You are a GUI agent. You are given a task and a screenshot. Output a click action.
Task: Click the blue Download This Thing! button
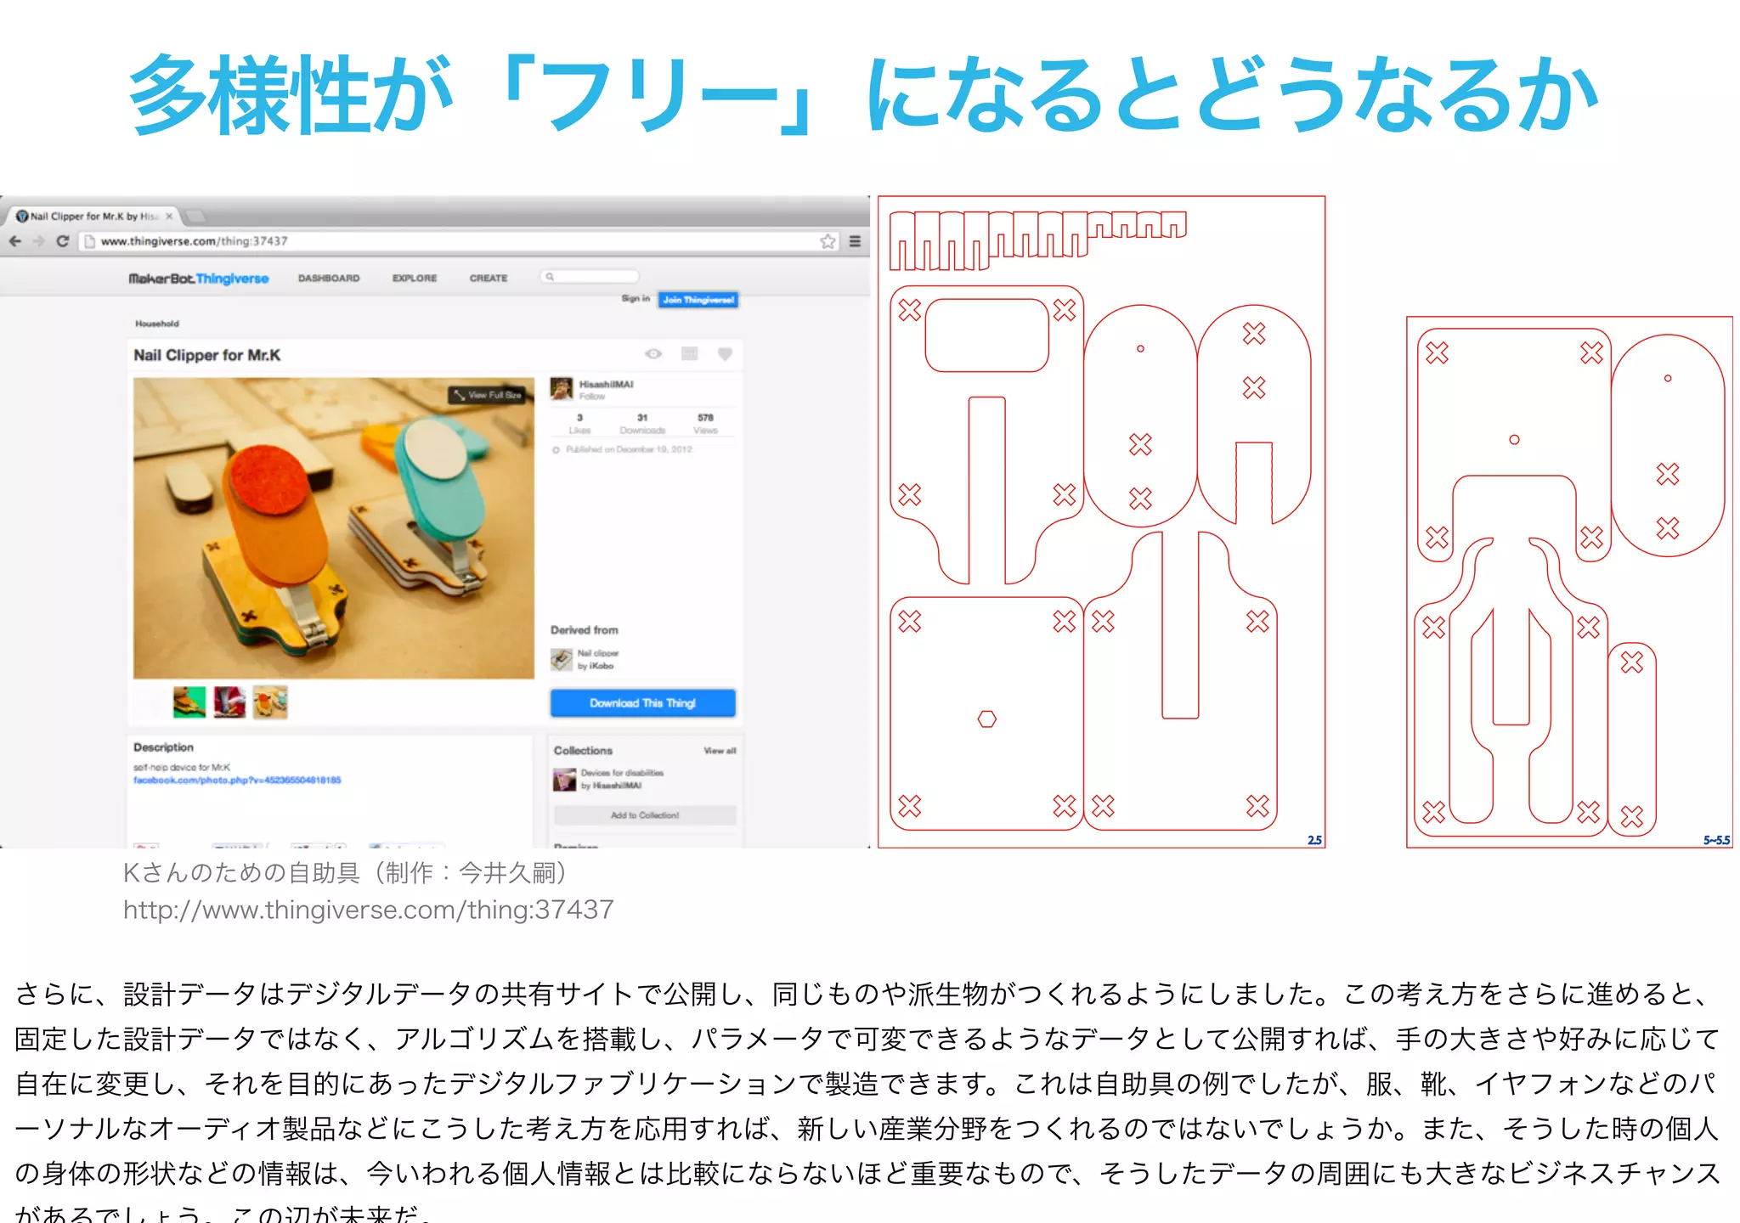point(642,703)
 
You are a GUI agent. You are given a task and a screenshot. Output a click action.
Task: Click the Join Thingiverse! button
point(698,300)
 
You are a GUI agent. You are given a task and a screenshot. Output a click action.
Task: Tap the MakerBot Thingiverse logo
point(198,279)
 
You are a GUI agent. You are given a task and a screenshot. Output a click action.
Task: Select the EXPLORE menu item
point(414,279)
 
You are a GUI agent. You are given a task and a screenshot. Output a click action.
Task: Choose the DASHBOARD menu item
point(329,279)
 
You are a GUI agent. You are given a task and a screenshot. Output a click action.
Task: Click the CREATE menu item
point(488,279)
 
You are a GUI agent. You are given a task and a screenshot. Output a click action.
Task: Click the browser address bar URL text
point(194,241)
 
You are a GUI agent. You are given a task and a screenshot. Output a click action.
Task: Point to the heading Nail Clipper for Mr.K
point(206,355)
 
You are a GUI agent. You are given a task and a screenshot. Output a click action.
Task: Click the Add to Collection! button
point(645,815)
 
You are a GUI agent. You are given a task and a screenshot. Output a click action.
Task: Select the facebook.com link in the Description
point(237,780)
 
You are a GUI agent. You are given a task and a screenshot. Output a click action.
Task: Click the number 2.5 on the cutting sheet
point(1314,840)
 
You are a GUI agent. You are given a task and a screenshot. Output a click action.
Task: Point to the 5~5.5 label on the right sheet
point(1716,840)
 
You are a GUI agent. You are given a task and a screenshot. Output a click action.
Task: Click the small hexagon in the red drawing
point(986,719)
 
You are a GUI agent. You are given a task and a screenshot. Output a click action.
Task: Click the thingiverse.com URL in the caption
point(368,910)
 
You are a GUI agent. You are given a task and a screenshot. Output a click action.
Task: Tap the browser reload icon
point(62,241)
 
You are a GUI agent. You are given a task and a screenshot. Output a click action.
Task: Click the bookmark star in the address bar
point(828,241)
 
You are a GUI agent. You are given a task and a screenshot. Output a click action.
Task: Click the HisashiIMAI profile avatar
point(561,389)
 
